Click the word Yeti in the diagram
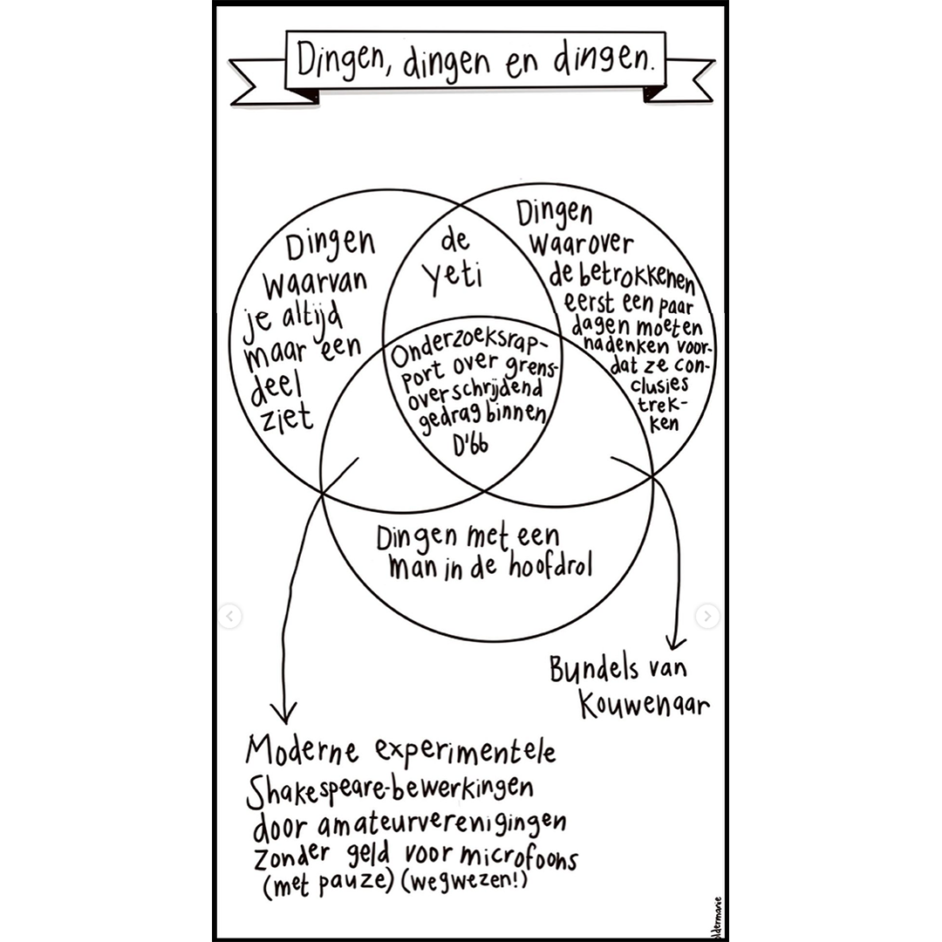point(454,276)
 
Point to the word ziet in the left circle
point(285,417)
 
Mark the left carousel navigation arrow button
point(230,616)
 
